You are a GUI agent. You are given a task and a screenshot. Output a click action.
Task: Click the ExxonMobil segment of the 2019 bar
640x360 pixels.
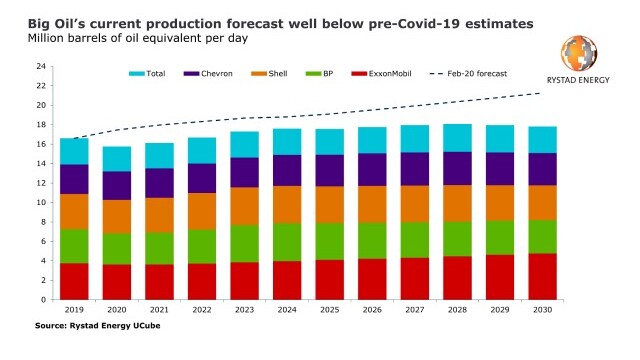(x=74, y=281)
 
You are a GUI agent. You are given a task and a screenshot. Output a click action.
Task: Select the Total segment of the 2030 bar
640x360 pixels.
(x=542, y=140)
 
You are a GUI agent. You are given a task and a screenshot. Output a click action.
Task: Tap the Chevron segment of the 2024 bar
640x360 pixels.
(x=287, y=171)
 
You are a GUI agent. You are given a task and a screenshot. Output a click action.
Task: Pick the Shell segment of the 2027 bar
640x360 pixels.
(x=415, y=204)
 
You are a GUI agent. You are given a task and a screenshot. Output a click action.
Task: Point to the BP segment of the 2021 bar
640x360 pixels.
(x=159, y=249)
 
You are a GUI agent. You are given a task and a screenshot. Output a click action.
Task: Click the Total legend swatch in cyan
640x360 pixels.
(x=137, y=74)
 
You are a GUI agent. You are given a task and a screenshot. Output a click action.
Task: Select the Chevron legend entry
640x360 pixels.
(x=208, y=74)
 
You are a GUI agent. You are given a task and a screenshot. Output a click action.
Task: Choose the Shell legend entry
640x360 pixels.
(x=269, y=74)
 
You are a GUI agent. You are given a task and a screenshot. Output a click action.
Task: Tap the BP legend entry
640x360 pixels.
(x=320, y=74)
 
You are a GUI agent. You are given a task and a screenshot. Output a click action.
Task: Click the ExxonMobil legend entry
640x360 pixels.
(x=381, y=74)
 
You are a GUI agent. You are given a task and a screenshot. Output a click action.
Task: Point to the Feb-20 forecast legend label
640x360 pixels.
(x=477, y=74)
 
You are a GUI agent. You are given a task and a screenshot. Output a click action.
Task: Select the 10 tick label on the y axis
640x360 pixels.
(x=41, y=202)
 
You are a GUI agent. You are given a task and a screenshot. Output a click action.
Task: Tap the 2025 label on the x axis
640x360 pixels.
(x=330, y=310)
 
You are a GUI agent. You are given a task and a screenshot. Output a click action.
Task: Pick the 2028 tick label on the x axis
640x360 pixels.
(x=458, y=310)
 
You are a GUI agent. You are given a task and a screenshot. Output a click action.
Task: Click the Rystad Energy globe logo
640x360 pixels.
(x=579, y=53)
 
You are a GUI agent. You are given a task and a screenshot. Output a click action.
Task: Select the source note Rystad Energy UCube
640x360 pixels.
(x=115, y=326)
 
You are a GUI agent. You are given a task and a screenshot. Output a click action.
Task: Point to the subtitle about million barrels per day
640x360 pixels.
(x=138, y=39)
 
